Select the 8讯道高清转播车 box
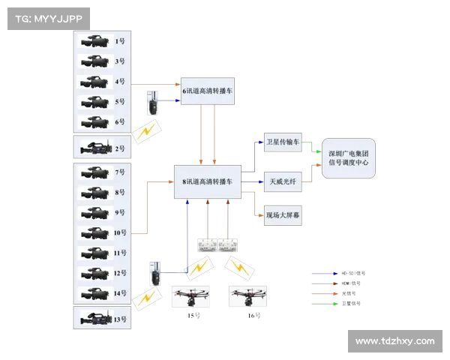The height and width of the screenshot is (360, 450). pyautogui.click(x=208, y=181)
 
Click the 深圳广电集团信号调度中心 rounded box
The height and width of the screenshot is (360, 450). pyautogui.click(x=349, y=157)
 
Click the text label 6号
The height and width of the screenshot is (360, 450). pyautogui.click(x=120, y=122)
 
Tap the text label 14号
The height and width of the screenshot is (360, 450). pyautogui.click(x=120, y=293)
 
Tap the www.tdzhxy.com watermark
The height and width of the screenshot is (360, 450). pyautogui.click(x=394, y=341)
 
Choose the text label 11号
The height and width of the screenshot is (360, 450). pyautogui.click(x=120, y=253)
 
